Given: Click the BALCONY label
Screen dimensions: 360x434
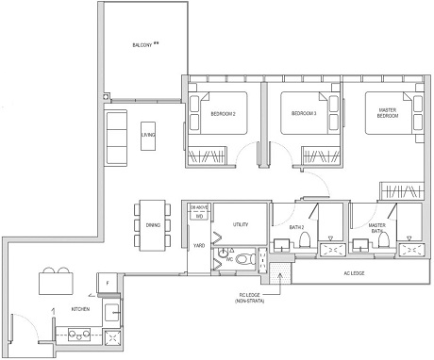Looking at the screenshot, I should (x=142, y=44).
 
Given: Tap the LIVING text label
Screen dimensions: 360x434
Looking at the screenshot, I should (x=148, y=135).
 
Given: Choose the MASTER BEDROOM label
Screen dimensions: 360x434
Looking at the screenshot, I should (x=388, y=113).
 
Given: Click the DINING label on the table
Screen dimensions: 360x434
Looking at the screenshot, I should (x=152, y=225).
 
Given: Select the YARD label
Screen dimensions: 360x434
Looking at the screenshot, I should (x=199, y=246).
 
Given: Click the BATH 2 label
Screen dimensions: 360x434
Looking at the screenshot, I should (x=296, y=226).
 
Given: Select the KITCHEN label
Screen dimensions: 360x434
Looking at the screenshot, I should (x=82, y=309).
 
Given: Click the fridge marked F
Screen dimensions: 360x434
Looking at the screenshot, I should (x=108, y=282).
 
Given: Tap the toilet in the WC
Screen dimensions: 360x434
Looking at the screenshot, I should (x=243, y=257).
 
